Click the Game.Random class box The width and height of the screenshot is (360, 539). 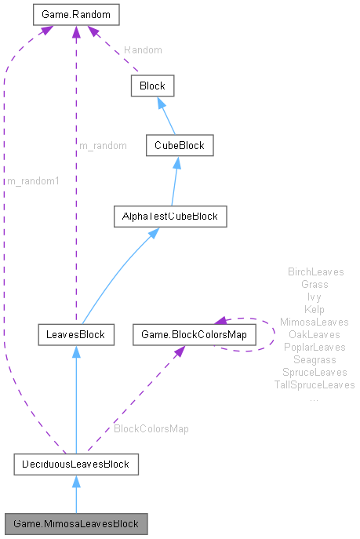point(75,14)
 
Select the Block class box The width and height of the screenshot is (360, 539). point(152,86)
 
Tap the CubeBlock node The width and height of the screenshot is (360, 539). point(179,145)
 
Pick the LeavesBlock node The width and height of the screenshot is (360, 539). point(75,336)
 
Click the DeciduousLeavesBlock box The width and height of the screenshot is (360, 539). point(76,464)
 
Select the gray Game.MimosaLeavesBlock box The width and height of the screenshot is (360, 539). point(75,523)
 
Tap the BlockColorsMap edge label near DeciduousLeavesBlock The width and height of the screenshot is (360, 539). point(151,429)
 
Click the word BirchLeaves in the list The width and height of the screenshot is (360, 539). point(316,272)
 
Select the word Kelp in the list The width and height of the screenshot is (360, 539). point(314,309)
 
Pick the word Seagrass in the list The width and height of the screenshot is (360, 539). point(314,359)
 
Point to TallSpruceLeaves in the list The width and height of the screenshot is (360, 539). point(315,384)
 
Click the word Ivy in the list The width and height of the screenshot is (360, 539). point(314,297)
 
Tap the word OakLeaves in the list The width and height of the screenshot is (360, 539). point(314,334)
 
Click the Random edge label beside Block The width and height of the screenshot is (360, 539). point(143,49)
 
